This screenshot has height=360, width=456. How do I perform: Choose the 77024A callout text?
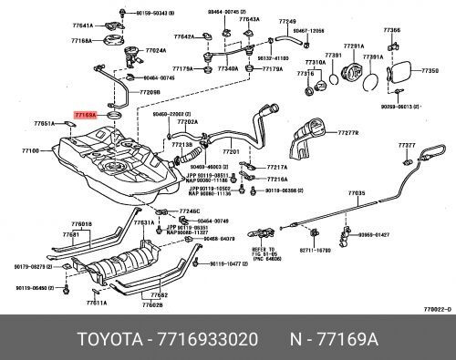pyautogui.click(x=155, y=50)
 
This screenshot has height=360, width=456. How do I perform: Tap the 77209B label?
pyautogui.click(x=150, y=92)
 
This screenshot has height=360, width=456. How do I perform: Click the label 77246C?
pyautogui.click(x=190, y=211)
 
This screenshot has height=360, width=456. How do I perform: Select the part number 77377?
pyautogui.click(x=407, y=145)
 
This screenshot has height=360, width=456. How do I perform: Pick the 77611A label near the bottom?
pyautogui.click(x=98, y=303)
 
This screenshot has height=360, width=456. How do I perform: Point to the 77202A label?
pyautogui.click(x=188, y=121)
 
